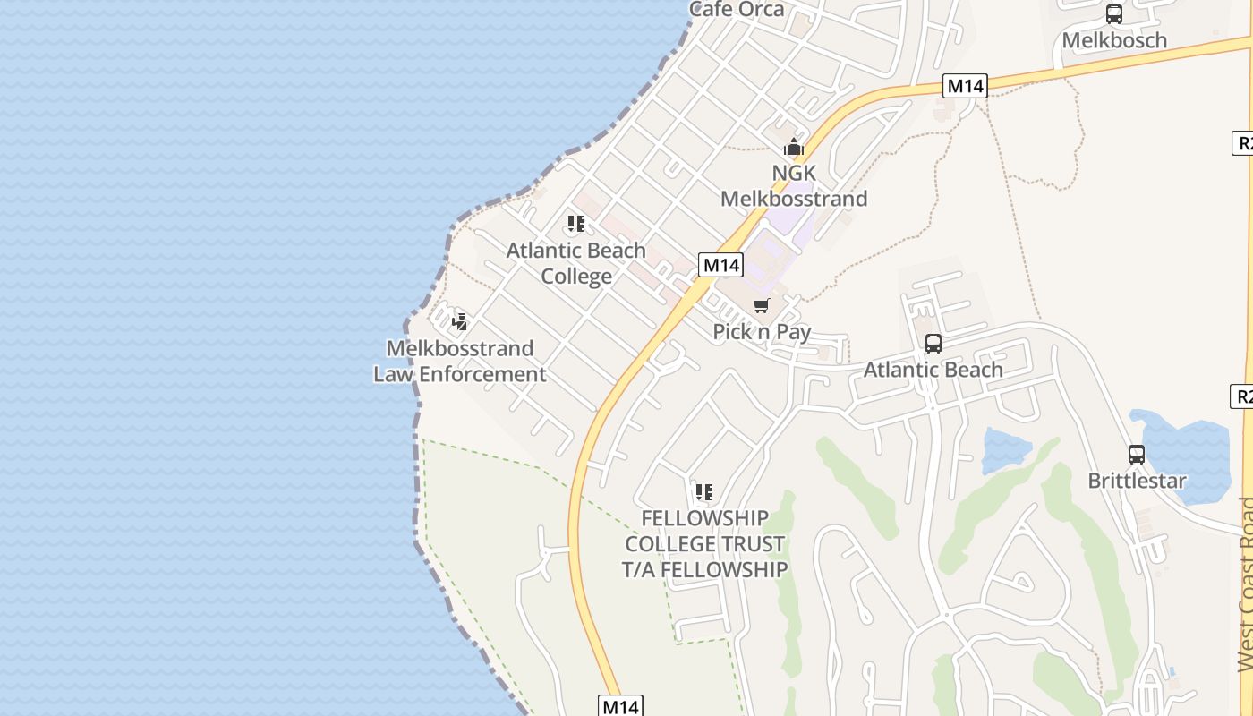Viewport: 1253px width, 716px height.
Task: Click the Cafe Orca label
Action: (x=737, y=10)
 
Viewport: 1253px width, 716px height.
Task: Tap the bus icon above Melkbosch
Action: (x=1114, y=14)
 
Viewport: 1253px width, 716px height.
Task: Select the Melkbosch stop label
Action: (x=1114, y=40)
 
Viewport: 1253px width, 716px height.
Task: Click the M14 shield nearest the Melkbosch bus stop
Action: (x=966, y=86)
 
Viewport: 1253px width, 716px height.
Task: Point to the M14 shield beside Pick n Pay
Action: (x=721, y=265)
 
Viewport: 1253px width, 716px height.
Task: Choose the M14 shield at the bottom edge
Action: (x=620, y=706)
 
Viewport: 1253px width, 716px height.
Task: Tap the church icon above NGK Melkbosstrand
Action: (x=793, y=148)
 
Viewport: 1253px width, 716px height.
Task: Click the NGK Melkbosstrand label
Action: (x=794, y=185)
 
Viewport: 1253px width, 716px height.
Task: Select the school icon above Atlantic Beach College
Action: (x=576, y=224)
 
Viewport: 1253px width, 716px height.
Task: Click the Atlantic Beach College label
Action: (x=576, y=263)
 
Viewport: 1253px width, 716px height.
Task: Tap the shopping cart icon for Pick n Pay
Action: (x=762, y=306)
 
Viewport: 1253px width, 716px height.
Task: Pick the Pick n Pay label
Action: (x=762, y=332)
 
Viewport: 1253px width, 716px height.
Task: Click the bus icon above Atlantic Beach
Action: (x=933, y=344)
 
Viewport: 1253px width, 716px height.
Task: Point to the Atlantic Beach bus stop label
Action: (x=933, y=370)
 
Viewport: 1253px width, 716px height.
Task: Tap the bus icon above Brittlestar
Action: (x=1137, y=455)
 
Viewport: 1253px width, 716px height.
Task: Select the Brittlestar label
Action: (x=1137, y=481)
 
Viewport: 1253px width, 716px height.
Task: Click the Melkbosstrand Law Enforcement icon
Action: (x=460, y=322)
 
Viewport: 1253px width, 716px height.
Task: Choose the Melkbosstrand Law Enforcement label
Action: (x=460, y=361)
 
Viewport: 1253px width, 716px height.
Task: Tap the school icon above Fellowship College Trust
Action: (x=704, y=492)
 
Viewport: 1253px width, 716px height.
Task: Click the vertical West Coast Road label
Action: (x=1245, y=582)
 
